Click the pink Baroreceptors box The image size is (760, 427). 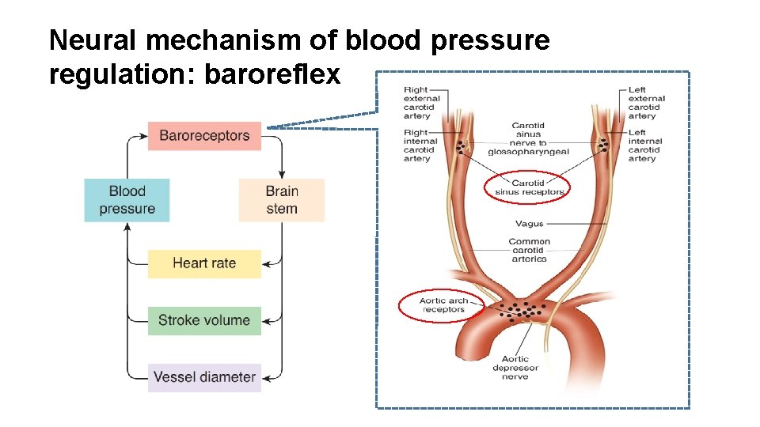[204, 135]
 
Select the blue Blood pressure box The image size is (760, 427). [127, 200]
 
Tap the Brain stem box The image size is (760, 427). [282, 200]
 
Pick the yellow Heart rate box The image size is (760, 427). [204, 263]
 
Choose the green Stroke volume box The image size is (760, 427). [204, 320]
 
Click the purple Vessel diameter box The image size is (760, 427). [204, 377]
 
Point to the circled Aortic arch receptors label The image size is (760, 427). [443, 305]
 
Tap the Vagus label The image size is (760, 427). [529, 224]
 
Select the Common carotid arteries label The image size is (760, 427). [529, 250]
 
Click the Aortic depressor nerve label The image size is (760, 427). [515, 368]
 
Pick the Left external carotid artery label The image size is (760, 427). [645, 103]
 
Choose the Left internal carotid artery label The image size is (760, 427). [645, 145]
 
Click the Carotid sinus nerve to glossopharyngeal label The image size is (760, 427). [528, 138]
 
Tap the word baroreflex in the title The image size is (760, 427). [272, 74]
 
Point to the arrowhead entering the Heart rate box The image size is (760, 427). [266, 263]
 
